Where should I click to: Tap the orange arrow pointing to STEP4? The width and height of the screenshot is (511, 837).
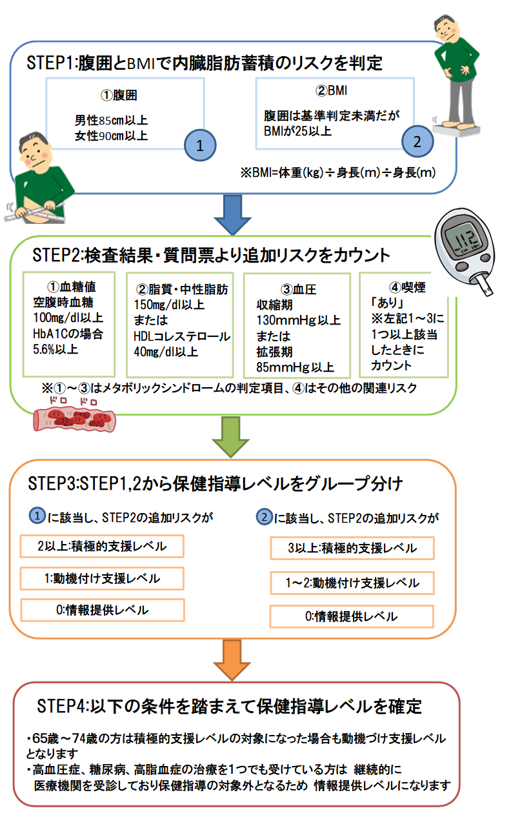231,659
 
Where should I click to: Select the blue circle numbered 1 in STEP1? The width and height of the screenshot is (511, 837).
200,145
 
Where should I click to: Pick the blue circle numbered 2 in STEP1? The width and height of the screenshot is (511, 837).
417,141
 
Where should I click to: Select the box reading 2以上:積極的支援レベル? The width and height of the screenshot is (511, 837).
102,547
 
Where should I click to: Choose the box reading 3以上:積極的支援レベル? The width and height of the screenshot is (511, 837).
352,549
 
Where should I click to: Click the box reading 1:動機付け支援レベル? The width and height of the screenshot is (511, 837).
102,578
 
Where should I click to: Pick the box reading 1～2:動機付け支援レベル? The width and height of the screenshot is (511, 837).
352,583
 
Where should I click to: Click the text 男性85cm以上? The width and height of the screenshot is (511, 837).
112,120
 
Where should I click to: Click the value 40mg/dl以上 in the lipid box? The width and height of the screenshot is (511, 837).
165,352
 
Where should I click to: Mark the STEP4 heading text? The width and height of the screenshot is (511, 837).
229,706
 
